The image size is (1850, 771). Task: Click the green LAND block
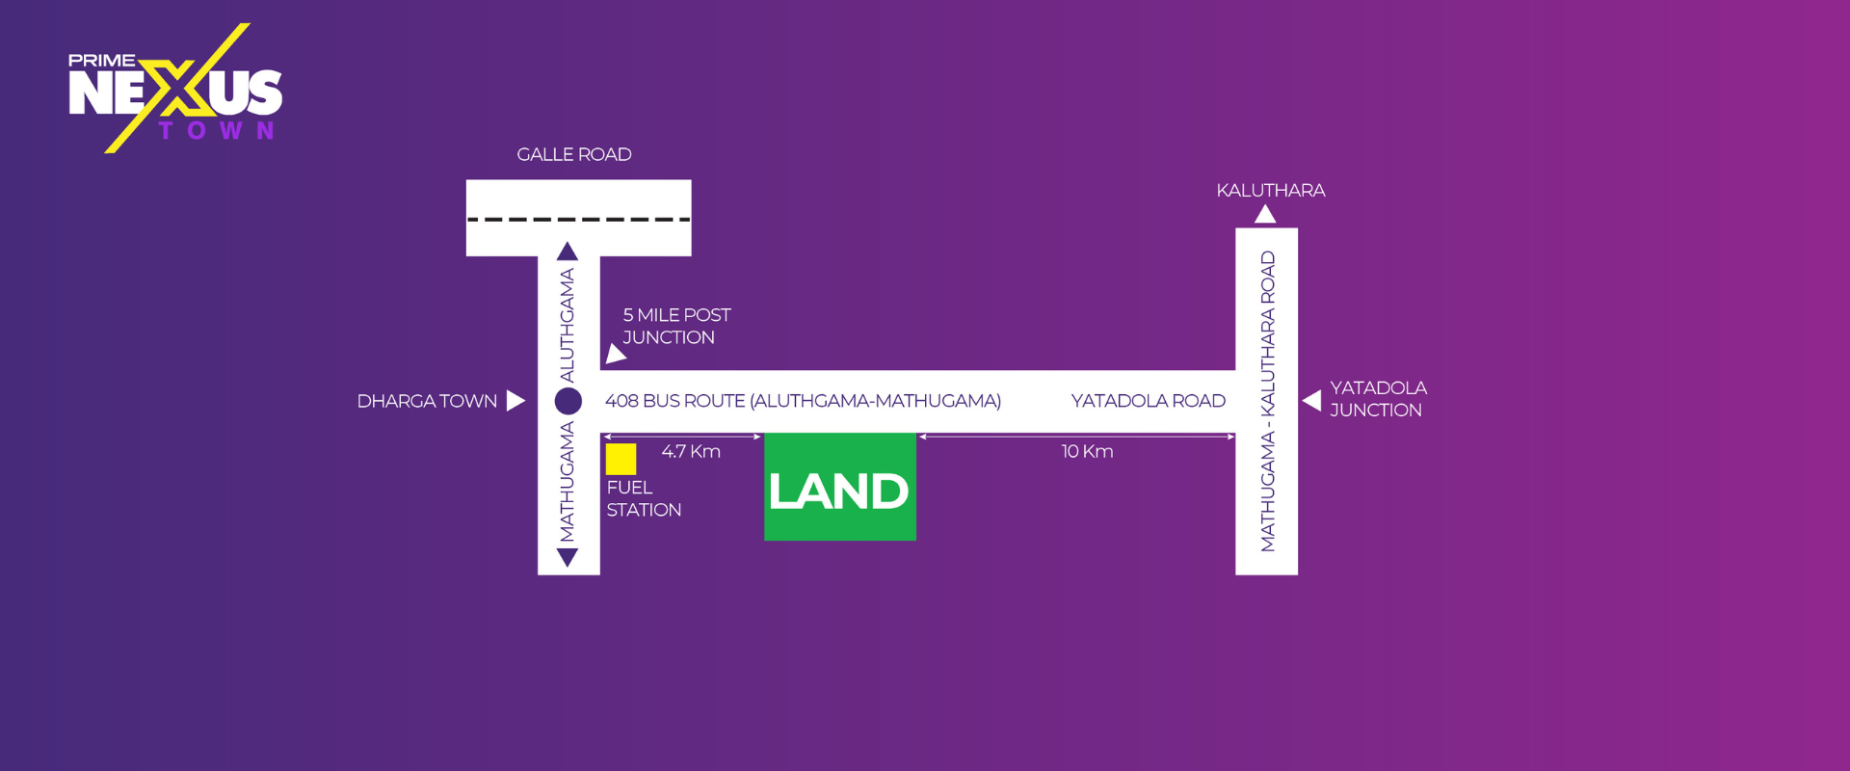tap(839, 488)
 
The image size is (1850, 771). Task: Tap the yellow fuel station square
tap(621, 459)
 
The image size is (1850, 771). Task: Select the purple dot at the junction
tap(568, 401)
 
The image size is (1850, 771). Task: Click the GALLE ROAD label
tap(574, 155)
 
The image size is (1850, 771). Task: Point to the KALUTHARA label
tap(1270, 191)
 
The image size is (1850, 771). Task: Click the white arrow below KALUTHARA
tap(1265, 214)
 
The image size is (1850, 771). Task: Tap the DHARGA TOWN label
tap(427, 401)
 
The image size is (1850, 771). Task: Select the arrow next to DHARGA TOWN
tap(515, 401)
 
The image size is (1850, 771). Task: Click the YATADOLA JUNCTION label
tap(1378, 399)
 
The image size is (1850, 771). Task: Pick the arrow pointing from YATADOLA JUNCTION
tap(1311, 400)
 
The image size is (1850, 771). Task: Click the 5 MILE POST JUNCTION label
tap(675, 327)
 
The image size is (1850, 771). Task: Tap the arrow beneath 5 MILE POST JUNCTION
tap(615, 355)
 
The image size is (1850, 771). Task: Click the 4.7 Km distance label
tap(691, 452)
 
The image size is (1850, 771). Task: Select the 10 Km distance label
tap(1087, 452)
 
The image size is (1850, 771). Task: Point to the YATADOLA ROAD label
tap(1148, 401)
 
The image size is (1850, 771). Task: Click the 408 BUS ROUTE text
tap(803, 401)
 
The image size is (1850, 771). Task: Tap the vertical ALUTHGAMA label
tap(568, 325)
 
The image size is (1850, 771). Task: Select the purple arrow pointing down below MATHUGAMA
tap(568, 557)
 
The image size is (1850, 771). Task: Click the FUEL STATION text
tap(643, 499)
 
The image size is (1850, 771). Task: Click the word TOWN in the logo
tap(217, 131)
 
